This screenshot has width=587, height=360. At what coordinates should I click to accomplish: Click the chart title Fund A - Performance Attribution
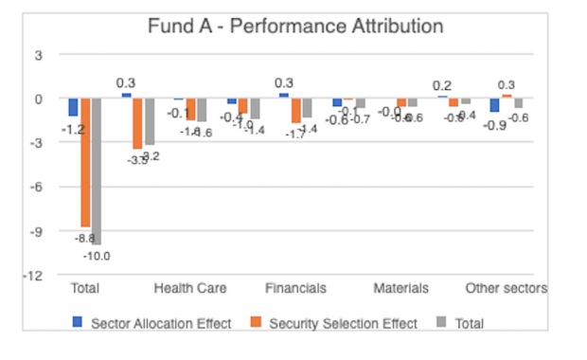(x=295, y=26)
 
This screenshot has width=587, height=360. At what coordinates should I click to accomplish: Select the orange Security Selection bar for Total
(x=85, y=161)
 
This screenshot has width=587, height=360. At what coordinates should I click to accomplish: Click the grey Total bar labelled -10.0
(x=97, y=171)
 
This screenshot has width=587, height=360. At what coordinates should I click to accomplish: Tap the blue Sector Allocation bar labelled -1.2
(x=74, y=107)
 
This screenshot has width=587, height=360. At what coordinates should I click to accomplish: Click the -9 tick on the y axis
(x=38, y=230)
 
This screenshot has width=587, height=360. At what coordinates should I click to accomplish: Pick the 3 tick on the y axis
(x=39, y=55)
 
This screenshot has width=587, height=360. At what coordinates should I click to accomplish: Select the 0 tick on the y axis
(x=39, y=99)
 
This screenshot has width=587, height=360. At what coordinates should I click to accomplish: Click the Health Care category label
(x=190, y=288)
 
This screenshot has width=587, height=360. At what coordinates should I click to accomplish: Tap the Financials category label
(x=295, y=288)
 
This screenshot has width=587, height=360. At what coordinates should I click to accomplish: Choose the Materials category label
(x=400, y=288)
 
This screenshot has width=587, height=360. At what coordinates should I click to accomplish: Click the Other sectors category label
(x=506, y=288)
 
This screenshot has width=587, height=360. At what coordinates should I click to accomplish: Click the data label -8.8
(x=85, y=238)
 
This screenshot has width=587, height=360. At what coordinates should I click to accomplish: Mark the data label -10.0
(x=97, y=256)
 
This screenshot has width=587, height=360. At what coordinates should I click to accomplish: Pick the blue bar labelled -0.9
(x=494, y=105)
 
